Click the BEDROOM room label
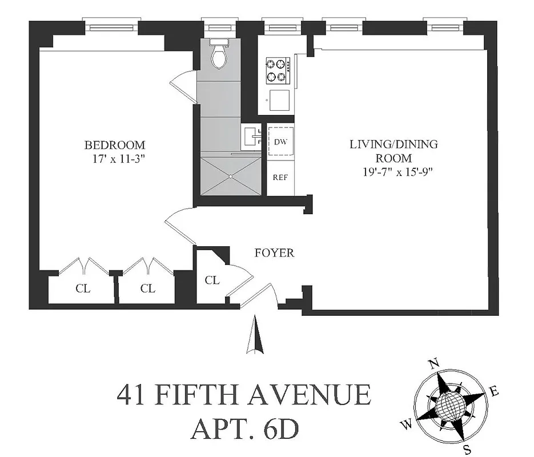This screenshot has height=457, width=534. pyautogui.click(x=115, y=145)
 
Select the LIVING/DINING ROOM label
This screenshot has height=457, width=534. pyautogui.click(x=394, y=151)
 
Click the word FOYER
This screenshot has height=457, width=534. pyautogui.click(x=274, y=252)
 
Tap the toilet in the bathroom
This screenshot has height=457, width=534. pyautogui.click(x=218, y=55)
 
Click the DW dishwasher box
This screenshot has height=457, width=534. pyautogui.click(x=280, y=142)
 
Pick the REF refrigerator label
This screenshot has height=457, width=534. pyautogui.click(x=280, y=177)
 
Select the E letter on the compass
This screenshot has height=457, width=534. pyautogui.click(x=495, y=392)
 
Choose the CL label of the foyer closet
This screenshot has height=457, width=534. pyautogui.click(x=212, y=280)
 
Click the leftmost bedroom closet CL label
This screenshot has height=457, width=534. pyautogui.click(x=83, y=288)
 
